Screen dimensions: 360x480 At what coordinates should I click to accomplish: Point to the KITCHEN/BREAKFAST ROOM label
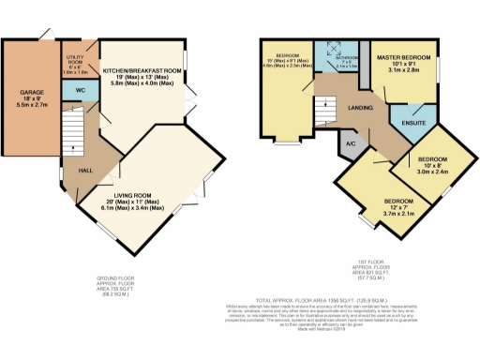(x=141, y=70)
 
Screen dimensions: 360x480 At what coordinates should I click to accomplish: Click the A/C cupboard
(x=350, y=144)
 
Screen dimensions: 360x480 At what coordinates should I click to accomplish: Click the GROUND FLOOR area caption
(x=118, y=283)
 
